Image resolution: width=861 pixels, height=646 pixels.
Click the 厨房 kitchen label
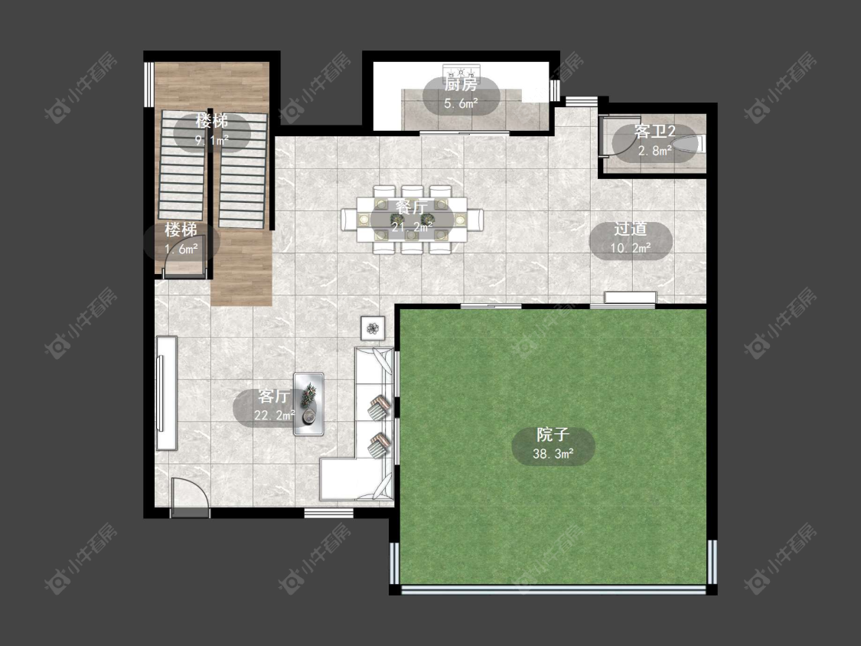[x=461, y=85]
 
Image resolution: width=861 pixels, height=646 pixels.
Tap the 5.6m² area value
[x=461, y=103]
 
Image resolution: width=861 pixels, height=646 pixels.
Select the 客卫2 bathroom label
[x=654, y=132]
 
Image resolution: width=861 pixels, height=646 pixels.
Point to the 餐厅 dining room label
[x=412, y=207]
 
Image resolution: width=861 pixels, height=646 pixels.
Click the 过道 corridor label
[x=631, y=229]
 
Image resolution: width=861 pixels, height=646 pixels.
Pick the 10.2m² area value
[x=631, y=248]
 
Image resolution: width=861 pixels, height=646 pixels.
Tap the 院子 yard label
[x=553, y=435]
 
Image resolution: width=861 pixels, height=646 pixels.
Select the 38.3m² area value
[x=553, y=454]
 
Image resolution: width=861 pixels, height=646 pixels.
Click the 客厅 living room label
[x=274, y=396]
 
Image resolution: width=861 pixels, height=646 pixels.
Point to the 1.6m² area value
[x=181, y=249]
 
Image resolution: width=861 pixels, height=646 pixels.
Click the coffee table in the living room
[x=308, y=404]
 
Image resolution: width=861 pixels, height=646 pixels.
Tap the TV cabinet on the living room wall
[x=166, y=393]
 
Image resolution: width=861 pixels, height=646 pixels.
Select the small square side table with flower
[x=373, y=328]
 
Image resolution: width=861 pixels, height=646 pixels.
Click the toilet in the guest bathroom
[x=690, y=145]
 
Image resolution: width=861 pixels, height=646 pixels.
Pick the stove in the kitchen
[x=461, y=72]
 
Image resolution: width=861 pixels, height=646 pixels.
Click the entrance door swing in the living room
[x=190, y=498]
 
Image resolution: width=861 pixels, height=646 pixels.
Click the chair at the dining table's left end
[x=349, y=220]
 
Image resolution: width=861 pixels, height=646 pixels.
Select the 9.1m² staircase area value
[x=212, y=140]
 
